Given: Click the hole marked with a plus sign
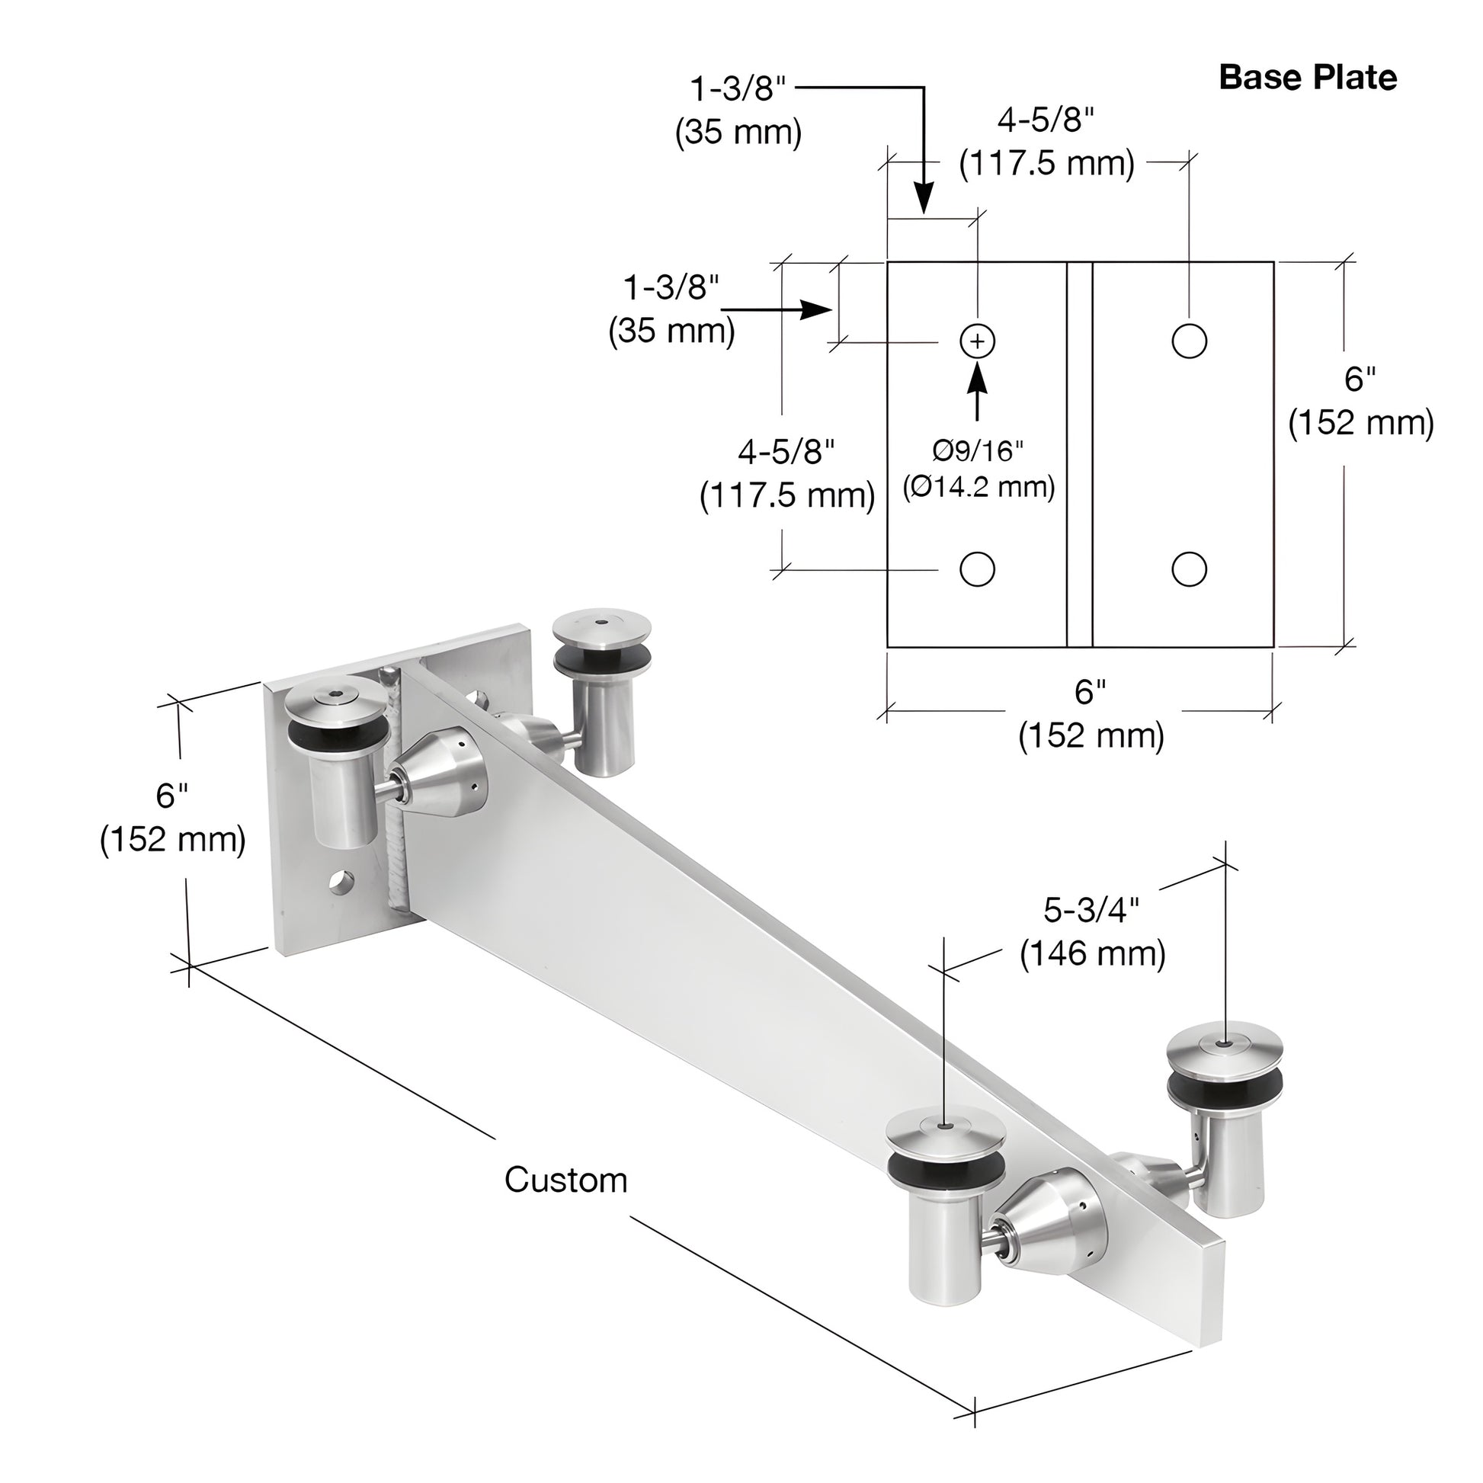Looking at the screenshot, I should (977, 341).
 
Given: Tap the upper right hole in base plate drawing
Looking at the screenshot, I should (1189, 341).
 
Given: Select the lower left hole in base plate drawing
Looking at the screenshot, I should (977, 569).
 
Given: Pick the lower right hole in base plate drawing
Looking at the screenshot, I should (1189, 569).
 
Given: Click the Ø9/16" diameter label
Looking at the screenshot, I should (978, 451).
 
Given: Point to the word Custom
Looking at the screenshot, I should (565, 1180).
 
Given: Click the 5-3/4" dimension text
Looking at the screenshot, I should (1091, 910).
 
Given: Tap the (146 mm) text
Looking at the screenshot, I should (1092, 953).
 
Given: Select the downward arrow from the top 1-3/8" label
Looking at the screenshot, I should (924, 192).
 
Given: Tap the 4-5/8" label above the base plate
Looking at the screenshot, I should (1046, 120).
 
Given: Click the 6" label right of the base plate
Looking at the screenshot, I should (1360, 378).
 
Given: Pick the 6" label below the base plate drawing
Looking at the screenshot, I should (1090, 692).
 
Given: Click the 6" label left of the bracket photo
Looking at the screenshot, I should (172, 796).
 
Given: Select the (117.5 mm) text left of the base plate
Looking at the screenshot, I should (787, 496).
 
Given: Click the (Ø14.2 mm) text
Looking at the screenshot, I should (979, 487).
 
